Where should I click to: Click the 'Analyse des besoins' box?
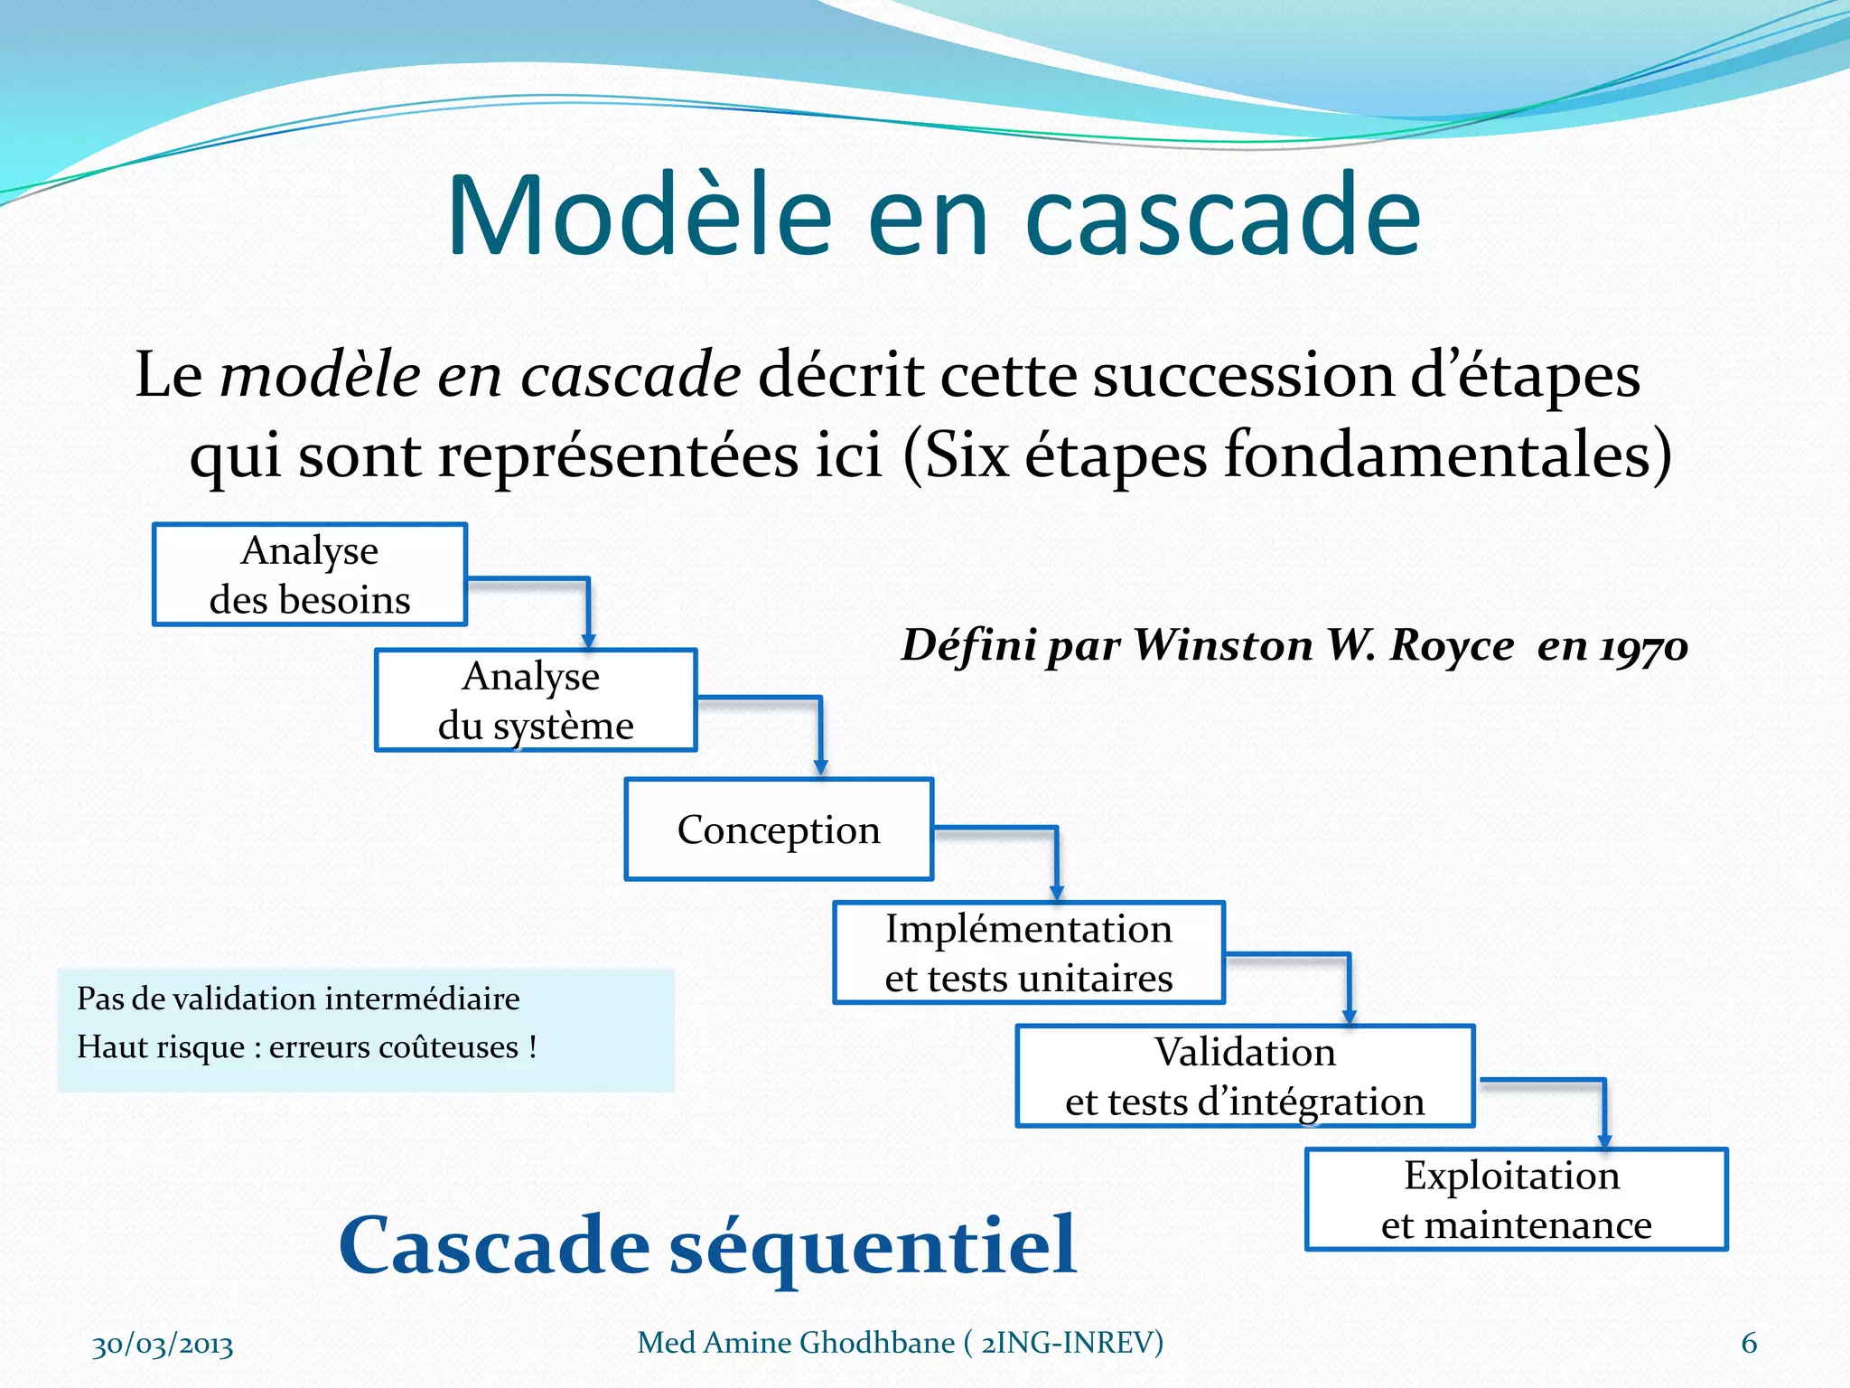pyautogui.click(x=310, y=575)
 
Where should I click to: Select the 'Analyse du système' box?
pyautogui.click(x=536, y=700)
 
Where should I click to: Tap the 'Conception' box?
pyautogui.click(x=779, y=830)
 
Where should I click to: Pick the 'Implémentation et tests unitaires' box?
pyautogui.click(x=1029, y=953)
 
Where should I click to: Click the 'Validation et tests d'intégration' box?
pyautogui.click(x=1245, y=1076)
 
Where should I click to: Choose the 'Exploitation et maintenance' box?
pyautogui.click(x=1516, y=1200)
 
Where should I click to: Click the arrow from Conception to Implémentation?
pyautogui.click(x=1055, y=858)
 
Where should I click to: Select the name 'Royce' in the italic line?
pyautogui.click(x=1451, y=645)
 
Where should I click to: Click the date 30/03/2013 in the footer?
pyautogui.click(x=163, y=1345)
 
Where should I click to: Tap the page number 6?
pyautogui.click(x=1749, y=1343)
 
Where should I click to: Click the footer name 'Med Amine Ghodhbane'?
pyautogui.click(x=795, y=1343)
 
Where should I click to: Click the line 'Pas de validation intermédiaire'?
pyautogui.click(x=298, y=999)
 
